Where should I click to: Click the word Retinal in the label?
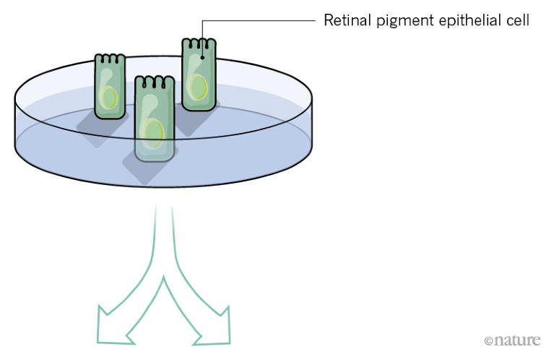(345, 20)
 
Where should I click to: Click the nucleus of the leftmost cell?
(109, 98)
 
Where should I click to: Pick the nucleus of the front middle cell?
(152, 133)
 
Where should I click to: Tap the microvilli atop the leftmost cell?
(110, 58)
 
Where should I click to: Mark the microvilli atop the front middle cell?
(155, 79)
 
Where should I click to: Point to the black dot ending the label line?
(203, 53)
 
